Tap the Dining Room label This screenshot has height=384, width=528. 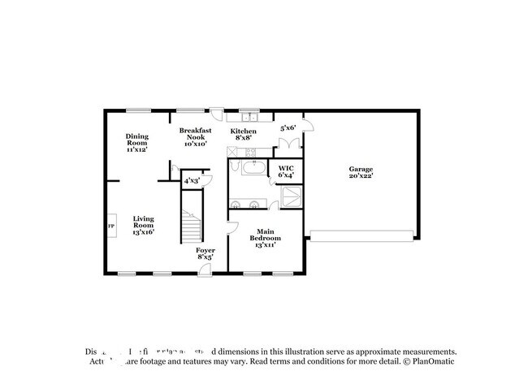click(x=136, y=143)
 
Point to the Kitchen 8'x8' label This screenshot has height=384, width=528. click(x=243, y=135)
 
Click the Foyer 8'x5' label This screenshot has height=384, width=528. click(x=205, y=254)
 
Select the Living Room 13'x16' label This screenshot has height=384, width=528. click(x=144, y=225)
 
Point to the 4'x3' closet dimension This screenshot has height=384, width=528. click(x=191, y=181)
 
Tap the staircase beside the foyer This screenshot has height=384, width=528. click(x=191, y=227)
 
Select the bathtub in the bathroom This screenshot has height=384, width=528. click(x=252, y=169)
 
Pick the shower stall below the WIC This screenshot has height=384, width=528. click(x=290, y=196)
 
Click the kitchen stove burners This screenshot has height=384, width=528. click(x=251, y=153)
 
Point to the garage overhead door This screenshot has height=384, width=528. click(x=361, y=235)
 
